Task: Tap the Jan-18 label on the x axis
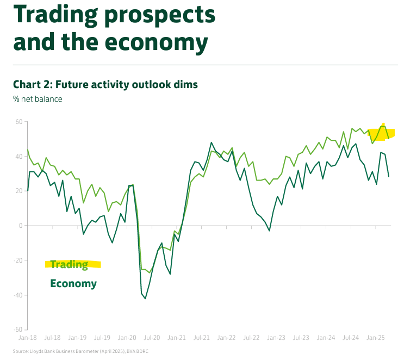(x=27, y=338)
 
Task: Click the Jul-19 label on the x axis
(x=102, y=338)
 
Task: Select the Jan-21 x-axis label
(x=177, y=338)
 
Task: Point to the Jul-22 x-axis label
(x=252, y=338)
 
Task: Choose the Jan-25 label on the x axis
(x=376, y=338)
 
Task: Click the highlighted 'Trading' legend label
(x=69, y=265)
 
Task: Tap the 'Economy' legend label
(x=73, y=283)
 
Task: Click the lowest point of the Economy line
(x=145, y=298)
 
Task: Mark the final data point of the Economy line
(x=389, y=176)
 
